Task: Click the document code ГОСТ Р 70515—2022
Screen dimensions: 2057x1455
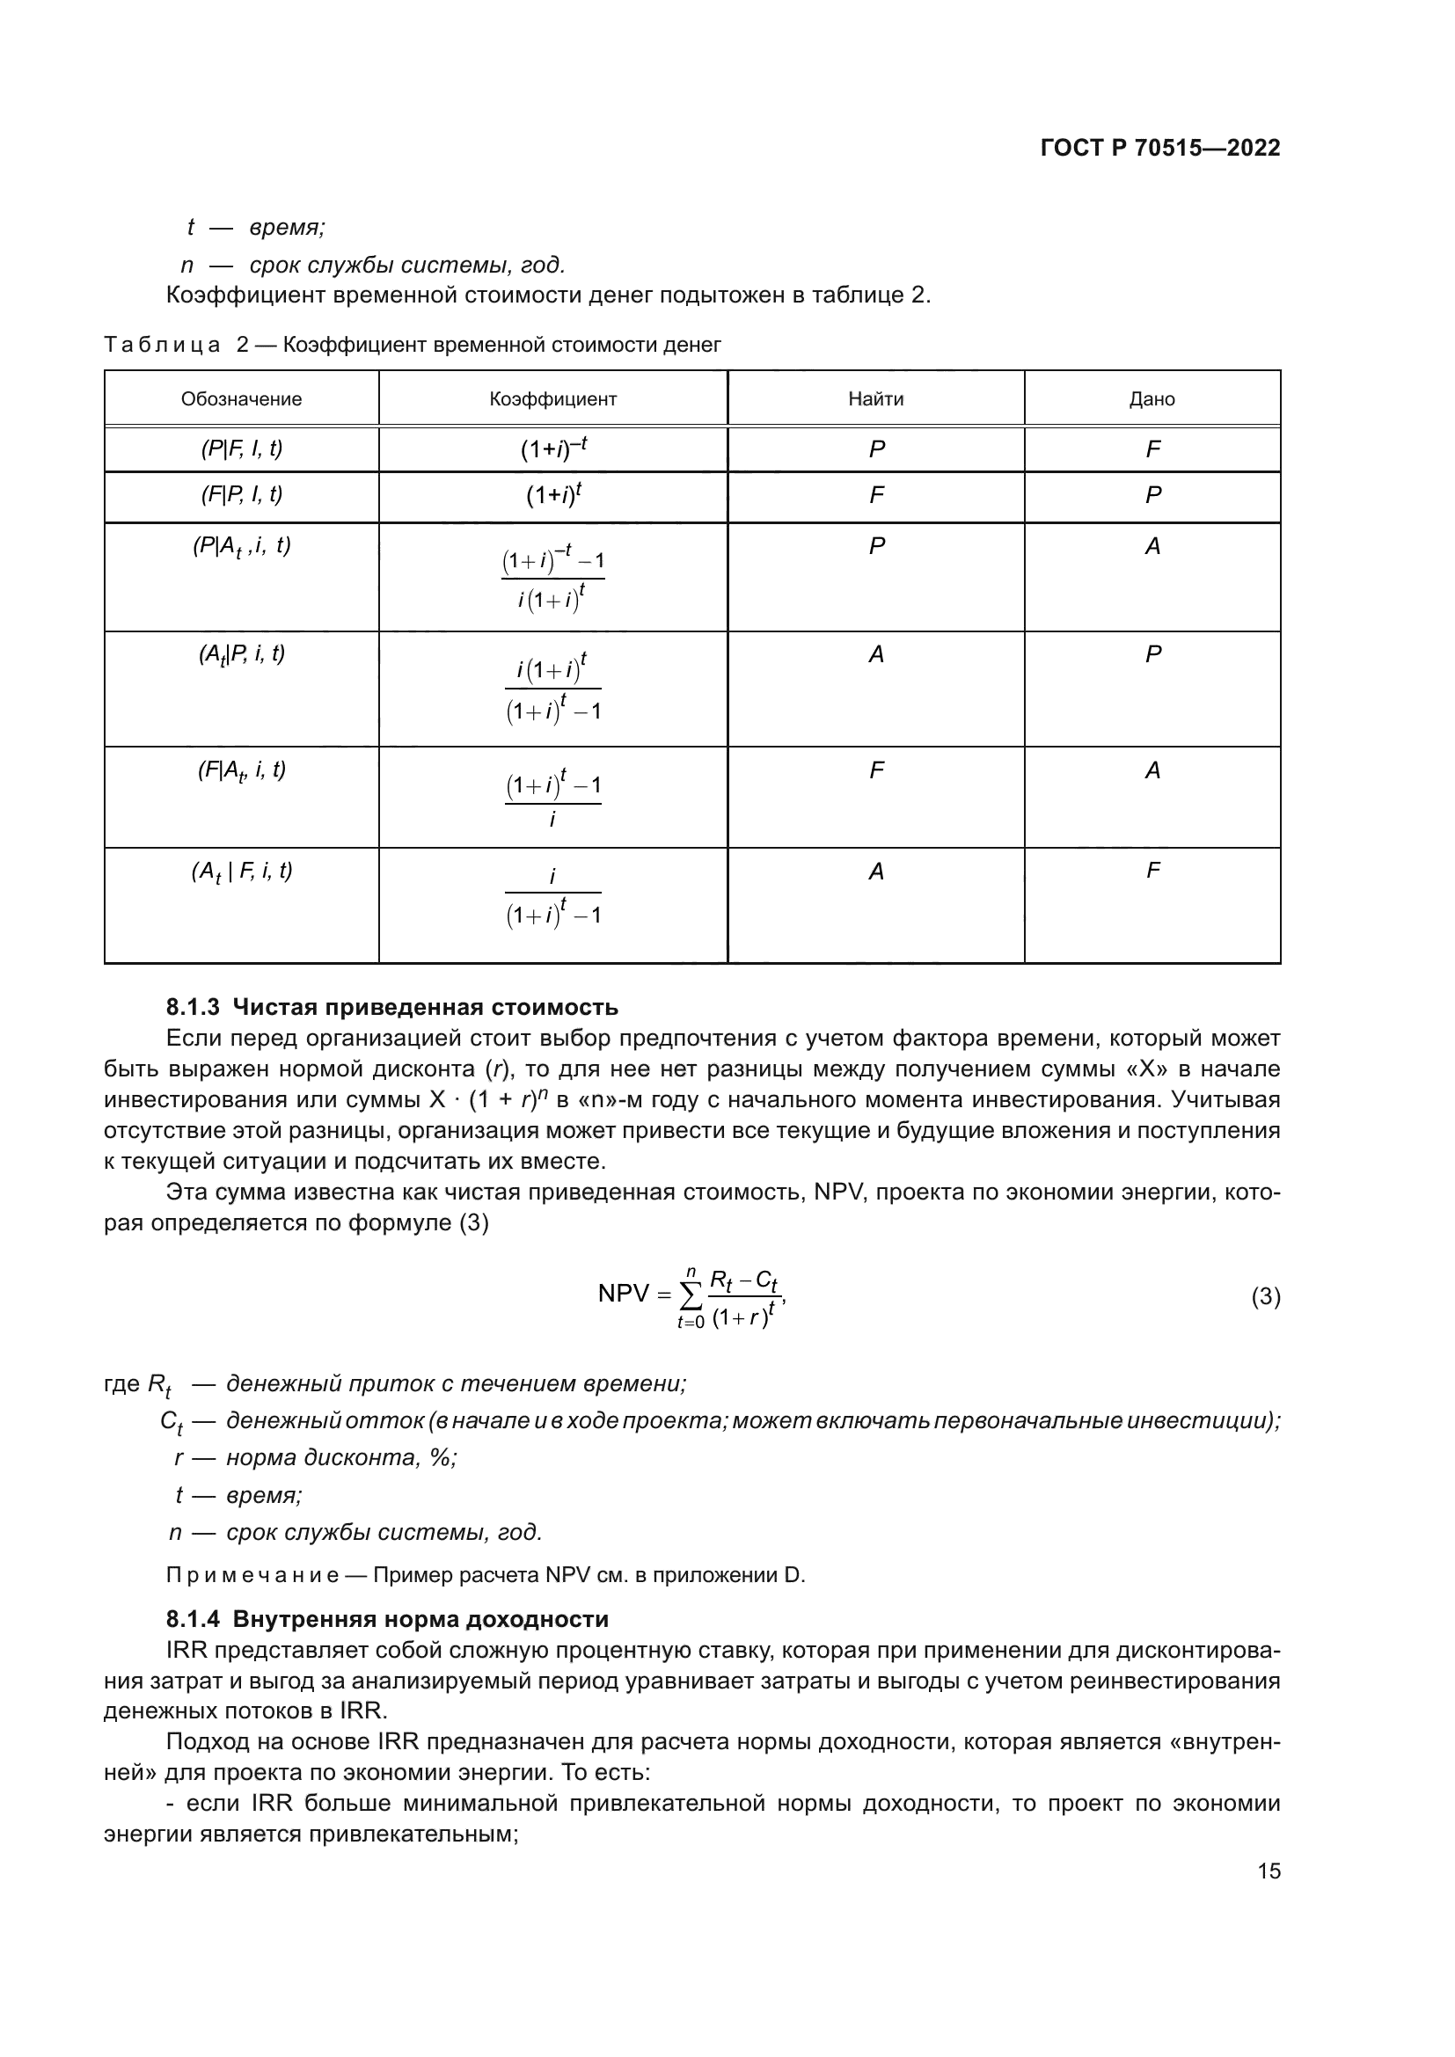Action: tap(1159, 149)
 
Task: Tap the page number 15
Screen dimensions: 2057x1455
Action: tap(1269, 1871)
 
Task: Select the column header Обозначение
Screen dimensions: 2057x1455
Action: tap(241, 399)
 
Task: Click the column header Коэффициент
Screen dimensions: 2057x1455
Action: tap(552, 399)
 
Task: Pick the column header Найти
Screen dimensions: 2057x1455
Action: tap(875, 399)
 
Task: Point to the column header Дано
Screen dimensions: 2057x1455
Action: tap(1152, 399)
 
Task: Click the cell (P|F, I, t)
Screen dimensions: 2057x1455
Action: tap(241, 449)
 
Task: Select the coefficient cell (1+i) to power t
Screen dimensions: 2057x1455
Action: tap(552, 495)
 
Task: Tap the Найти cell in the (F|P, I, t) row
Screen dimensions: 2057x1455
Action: tap(876, 495)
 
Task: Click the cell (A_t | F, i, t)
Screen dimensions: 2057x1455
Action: tap(241, 872)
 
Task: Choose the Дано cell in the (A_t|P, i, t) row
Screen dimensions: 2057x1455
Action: tap(1152, 655)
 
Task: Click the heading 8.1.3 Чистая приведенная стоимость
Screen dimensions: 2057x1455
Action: tap(391, 1007)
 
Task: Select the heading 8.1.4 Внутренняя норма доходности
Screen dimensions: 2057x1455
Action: tap(387, 1619)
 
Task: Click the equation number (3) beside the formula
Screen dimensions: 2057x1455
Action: tap(1265, 1296)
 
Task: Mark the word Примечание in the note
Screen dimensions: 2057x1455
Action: tap(252, 1575)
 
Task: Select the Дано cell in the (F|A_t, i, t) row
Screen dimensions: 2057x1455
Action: tap(1152, 770)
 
